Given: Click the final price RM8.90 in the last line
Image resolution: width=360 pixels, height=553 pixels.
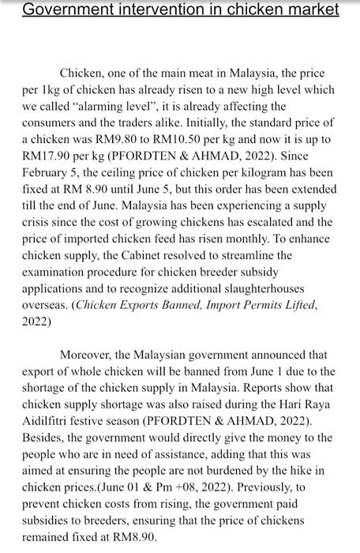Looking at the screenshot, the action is point(134,537).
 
